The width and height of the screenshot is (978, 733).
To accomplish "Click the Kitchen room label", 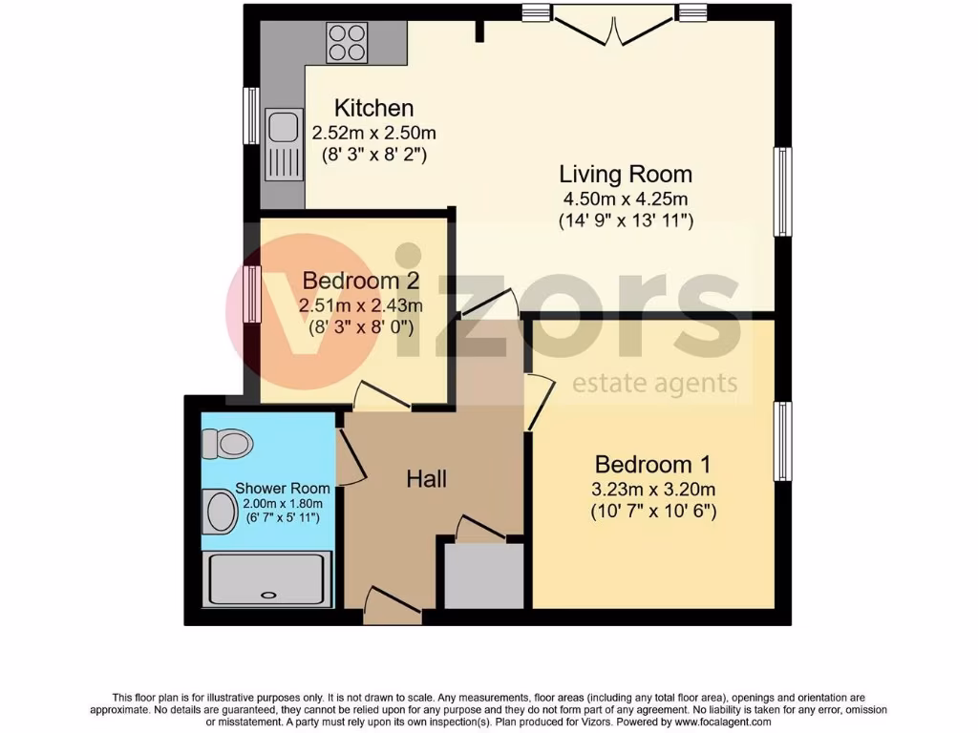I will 373,109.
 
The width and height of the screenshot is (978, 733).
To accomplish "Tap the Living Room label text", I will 626,175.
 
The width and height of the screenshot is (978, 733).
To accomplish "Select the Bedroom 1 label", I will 653,465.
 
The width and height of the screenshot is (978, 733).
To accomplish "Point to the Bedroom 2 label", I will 362,281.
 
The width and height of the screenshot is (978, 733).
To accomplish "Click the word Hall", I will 426,479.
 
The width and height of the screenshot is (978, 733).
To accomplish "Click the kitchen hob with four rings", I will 348,42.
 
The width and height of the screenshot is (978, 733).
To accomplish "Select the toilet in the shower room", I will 227,443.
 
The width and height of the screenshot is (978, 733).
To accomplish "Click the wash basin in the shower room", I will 222,512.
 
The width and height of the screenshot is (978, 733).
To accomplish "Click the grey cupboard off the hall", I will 483,576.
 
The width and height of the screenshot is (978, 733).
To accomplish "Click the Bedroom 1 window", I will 782,441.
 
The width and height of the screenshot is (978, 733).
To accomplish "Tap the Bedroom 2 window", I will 252,294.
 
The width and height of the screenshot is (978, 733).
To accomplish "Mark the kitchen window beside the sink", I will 251,115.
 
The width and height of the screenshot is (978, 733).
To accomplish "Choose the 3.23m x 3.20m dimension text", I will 653,490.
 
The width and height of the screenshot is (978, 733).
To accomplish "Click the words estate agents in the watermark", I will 654,384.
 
